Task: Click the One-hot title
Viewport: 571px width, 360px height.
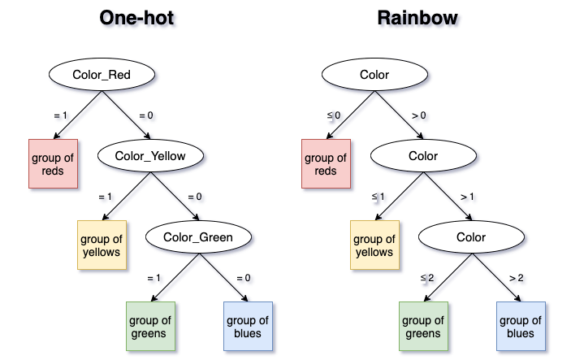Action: tap(136, 18)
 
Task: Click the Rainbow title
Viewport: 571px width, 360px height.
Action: tap(417, 18)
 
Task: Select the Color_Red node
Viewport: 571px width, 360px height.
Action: tap(102, 74)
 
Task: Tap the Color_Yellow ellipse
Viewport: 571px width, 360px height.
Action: tap(150, 155)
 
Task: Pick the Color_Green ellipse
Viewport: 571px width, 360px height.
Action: tap(198, 236)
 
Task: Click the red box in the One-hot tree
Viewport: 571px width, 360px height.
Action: tap(53, 163)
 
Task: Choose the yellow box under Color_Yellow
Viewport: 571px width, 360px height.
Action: tap(102, 245)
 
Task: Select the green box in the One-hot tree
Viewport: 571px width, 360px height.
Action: tap(151, 326)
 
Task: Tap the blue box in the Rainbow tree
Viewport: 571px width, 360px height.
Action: tap(521, 326)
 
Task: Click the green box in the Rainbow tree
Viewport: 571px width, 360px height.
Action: tap(423, 326)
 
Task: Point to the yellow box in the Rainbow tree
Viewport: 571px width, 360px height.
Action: tap(374, 245)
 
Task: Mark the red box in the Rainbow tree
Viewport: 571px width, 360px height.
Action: tap(326, 163)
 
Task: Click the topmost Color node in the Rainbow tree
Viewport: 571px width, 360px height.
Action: tap(374, 74)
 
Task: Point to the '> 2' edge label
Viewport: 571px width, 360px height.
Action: tap(517, 278)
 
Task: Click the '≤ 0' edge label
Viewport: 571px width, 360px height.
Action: tap(334, 115)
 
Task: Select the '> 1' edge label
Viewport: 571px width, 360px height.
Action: tap(467, 197)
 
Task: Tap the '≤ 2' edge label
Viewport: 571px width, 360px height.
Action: tap(427, 278)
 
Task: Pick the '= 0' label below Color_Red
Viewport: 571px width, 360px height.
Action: tap(146, 115)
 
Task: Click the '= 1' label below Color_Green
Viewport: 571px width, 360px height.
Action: tap(154, 278)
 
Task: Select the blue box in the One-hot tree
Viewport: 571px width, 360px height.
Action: tap(248, 326)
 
